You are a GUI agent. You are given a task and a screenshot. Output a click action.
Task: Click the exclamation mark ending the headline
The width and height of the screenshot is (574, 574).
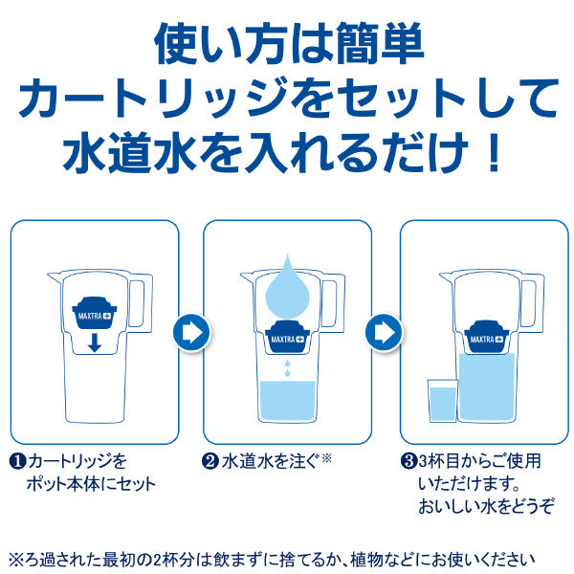coord(495,152)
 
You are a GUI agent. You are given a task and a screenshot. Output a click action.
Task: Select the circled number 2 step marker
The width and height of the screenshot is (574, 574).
coord(210,461)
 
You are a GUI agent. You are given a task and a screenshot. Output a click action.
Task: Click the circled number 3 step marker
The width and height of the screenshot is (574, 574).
coord(408,461)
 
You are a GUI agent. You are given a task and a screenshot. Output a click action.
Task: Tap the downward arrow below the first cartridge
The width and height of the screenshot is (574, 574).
coord(95,342)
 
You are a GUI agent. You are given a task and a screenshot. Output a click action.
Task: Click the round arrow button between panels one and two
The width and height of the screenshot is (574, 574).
coord(192,332)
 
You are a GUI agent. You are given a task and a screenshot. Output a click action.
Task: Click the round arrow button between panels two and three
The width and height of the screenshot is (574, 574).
coord(384,332)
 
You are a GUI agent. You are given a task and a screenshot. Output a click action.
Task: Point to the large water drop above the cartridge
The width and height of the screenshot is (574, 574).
coord(288,289)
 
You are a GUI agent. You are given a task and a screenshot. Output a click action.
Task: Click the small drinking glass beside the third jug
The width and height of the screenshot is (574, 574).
coord(443,401)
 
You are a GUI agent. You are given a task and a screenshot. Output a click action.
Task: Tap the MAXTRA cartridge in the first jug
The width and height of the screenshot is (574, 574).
coord(95,313)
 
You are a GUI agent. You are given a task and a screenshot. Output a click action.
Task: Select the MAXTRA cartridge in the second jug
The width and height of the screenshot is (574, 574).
coord(287,337)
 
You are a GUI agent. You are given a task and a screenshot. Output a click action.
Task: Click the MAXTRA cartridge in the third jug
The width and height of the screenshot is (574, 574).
coord(487,337)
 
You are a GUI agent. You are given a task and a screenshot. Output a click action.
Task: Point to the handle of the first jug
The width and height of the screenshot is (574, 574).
coord(141,303)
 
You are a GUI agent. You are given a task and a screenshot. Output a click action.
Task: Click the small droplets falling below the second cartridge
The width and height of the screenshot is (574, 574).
coord(288,368)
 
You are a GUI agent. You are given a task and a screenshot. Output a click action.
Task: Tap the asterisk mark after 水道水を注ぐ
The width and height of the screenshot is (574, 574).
coord(326,457)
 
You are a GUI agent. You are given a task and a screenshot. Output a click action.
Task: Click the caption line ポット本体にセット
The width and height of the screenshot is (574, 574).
coord(92,484)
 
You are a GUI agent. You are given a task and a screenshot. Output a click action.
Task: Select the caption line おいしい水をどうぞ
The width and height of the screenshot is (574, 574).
coord(486,507)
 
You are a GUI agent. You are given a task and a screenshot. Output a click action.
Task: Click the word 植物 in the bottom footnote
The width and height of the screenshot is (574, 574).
coord(365,560)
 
